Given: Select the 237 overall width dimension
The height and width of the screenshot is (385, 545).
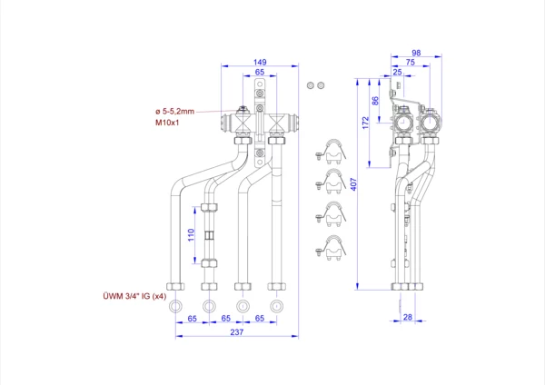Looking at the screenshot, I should point(235,331).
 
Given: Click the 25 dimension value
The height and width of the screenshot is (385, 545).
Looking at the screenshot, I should point(397,72).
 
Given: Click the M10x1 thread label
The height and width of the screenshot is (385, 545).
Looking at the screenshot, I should point(168,121).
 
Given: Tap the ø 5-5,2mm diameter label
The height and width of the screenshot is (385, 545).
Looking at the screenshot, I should point(174,111).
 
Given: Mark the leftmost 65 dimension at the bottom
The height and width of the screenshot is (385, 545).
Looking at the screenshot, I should point(193,319).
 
